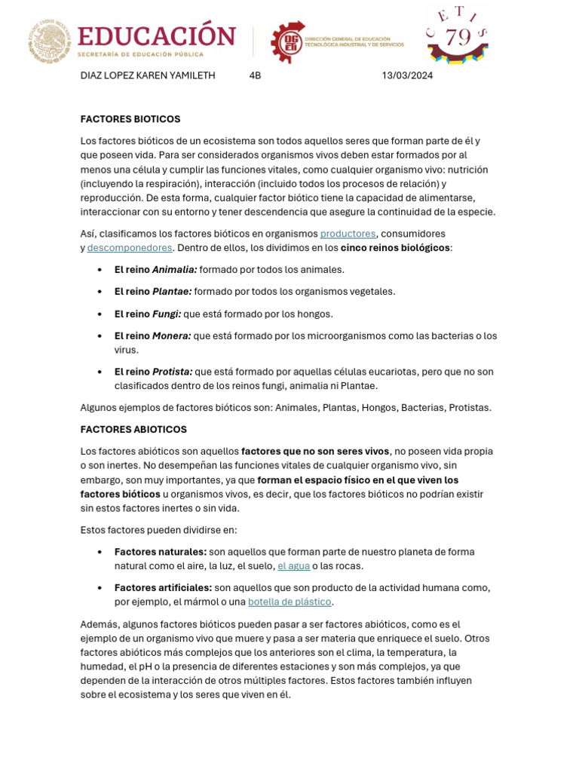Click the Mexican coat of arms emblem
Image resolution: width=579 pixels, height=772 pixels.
tap(51, 41)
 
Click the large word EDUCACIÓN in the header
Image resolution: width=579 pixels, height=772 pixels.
tap(156, 35)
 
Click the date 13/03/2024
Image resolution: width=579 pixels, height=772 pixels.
tap(407, 75)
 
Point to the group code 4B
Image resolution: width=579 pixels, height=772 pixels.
tap(255, 75)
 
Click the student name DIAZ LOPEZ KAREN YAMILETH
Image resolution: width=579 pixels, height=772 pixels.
tap(148, 75)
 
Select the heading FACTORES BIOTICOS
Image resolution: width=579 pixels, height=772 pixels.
tap(130, 119)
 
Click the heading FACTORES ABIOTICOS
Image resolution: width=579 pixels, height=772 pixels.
tap(133, 429)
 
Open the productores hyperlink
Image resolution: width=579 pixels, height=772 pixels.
tap(348, 234)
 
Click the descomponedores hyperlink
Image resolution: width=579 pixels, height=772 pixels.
tap(130, 247)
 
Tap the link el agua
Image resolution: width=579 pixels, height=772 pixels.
tap(293, 565)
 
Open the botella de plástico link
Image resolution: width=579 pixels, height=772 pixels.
tap(290, 602)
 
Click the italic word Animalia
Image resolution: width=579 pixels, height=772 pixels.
tap(174, 269)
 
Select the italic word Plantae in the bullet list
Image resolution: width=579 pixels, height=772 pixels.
tap(172, 291)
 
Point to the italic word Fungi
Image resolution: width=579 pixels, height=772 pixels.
tap(167, 314)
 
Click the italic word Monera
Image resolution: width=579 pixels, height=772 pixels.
tap(171, 335)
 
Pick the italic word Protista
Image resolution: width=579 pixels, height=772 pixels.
tap(172, 372)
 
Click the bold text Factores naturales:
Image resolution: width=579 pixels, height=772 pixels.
tap(161, 552)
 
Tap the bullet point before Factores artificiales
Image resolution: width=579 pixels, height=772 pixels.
tap(100, 588)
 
